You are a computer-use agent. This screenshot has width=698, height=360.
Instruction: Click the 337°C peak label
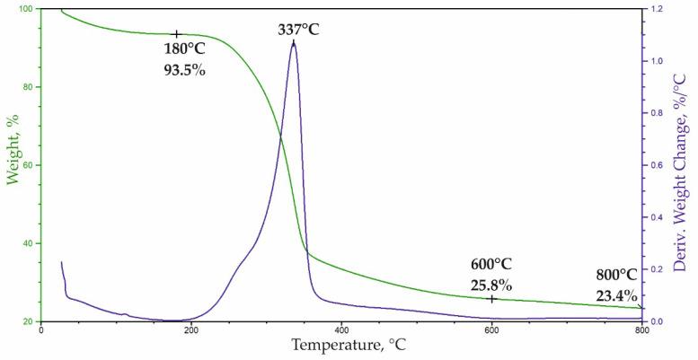coord(298,30)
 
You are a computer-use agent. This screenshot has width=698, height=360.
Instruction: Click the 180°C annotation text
coord(184,49)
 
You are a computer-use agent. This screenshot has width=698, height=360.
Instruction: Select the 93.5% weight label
coord(184,69)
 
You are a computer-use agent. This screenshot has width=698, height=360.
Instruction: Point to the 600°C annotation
coord(491,265)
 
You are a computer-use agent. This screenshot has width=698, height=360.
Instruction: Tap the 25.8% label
coord(491,285)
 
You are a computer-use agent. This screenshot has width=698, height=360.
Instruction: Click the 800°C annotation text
coord(616,276)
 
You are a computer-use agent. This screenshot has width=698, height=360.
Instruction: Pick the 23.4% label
coord(616,295)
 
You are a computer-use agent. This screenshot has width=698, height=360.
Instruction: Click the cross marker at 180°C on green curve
coord(177,34)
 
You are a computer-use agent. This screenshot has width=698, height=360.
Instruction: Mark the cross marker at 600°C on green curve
coord(491,298)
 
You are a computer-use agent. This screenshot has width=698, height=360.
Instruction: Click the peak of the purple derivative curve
coord(294,42)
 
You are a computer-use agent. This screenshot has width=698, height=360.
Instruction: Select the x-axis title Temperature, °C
coord(341,344)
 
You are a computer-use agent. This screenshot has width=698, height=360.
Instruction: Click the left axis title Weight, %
coord(13,162)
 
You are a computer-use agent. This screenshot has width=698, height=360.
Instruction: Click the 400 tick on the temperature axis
coord(341,329)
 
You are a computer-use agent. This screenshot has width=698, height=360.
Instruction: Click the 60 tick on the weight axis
coord(29,165)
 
